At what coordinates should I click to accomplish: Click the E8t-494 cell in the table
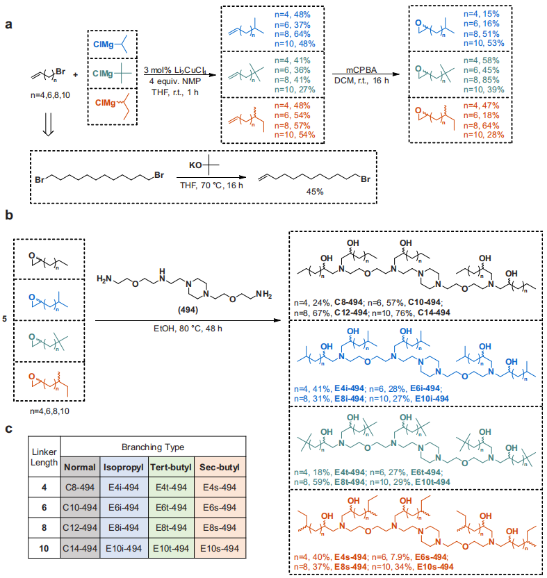[x=171, y=528]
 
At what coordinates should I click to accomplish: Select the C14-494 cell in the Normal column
[x=80, y=549]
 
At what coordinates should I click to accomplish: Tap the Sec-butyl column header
[x=220, y=468]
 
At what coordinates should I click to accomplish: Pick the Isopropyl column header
[x=124, y=468]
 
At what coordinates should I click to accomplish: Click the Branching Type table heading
[x=153, y=447]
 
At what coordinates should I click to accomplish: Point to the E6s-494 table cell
[x=220, y=508]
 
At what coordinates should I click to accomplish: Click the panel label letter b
[x=9, y=215]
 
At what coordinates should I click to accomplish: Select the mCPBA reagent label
[x=361, y=70]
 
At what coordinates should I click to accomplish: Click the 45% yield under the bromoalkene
[x=315, y=192]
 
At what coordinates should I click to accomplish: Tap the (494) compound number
[x=188, y=310]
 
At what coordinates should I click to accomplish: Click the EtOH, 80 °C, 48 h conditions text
[x=188, y=329]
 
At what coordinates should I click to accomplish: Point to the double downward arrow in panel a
[x=49, y=124]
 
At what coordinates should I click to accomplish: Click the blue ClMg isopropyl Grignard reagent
[x=111, y=44]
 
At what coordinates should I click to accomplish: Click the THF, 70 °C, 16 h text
[x=211, y=185]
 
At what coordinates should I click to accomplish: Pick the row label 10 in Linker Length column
[x=44, y=549]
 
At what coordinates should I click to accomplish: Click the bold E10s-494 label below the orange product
[x=435, y=567]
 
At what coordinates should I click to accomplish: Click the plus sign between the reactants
[x=75, y=75]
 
